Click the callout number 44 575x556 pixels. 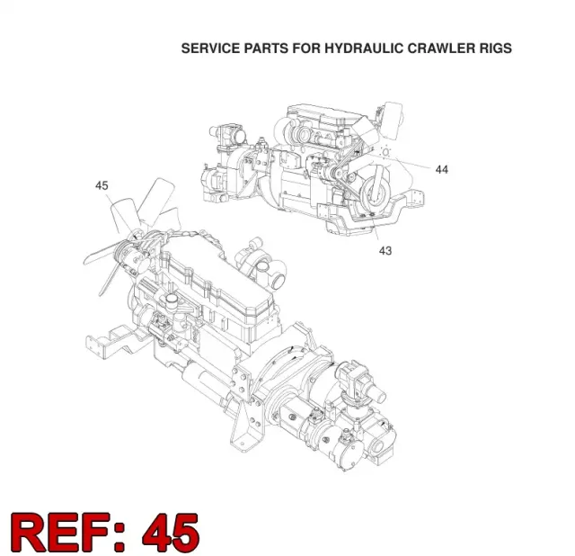click(441, 170)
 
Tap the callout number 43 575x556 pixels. click(385, 251)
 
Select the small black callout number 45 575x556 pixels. click(102, 185)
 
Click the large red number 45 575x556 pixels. click(171, 533)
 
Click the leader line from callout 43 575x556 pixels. click(375, 228)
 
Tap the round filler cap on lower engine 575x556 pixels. click(171, 302)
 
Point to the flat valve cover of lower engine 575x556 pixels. click(217, 279)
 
